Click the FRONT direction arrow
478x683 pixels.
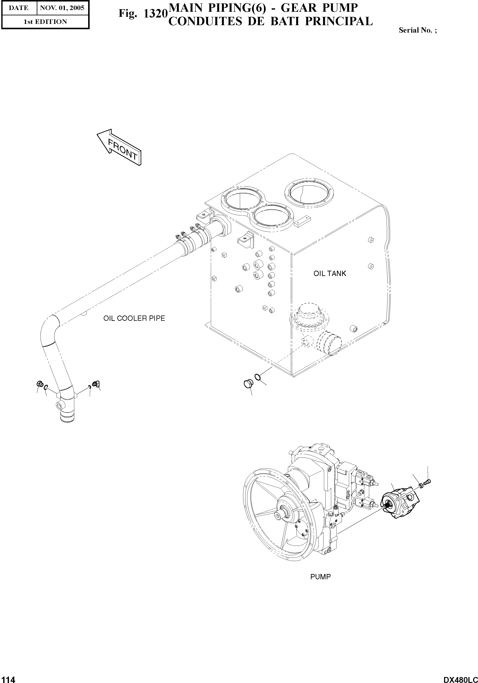[x=119, y=147]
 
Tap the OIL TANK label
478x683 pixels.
[x=330, y=273]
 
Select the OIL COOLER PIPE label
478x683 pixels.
[x=134, y=318]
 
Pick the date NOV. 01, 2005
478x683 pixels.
[x=62, y=8]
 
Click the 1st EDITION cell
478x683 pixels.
[x=45, y=22]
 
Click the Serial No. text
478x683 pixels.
[x=418, y=30]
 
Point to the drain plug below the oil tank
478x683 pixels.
[x=248, y=384]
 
